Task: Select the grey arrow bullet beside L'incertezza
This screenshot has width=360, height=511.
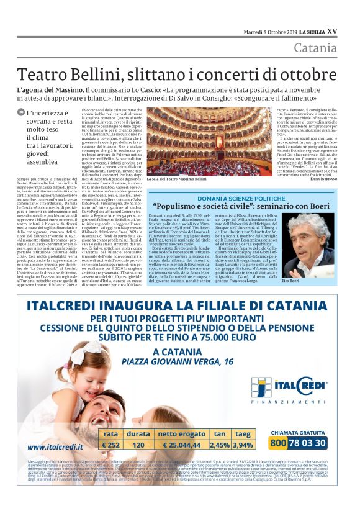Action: [x=22, y=113]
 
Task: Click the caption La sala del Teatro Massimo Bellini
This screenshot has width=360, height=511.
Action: [x=178, y=178]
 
